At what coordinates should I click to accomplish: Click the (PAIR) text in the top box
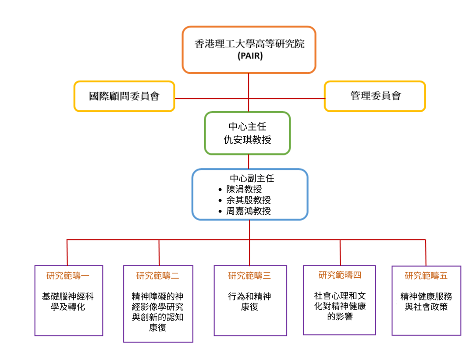click(250, 56)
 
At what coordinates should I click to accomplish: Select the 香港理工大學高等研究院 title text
click(249, 44)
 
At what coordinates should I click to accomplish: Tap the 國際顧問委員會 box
click(124, 96)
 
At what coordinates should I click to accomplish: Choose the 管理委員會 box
click(375, 96)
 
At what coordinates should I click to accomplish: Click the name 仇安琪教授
click(248, 140)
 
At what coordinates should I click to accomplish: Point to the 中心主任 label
click(248, 127)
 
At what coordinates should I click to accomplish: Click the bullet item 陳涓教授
click(244, 189)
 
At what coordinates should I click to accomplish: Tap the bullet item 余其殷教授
click(248, 200)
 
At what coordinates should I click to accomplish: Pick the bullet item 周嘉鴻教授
click(248, 211)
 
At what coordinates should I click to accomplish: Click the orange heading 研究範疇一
click(68, 275)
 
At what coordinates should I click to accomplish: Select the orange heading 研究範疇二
click(157, 276)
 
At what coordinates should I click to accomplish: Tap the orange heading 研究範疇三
click(249, 276)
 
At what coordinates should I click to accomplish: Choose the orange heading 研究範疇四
click(340, 275)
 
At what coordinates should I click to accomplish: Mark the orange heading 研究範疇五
click(426, 276)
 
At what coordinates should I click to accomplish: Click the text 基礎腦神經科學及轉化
click(68, 302)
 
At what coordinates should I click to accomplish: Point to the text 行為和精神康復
click(249, 302)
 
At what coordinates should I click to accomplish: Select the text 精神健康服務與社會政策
click(426, 302)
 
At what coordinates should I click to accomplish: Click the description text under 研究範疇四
click(340, 306)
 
